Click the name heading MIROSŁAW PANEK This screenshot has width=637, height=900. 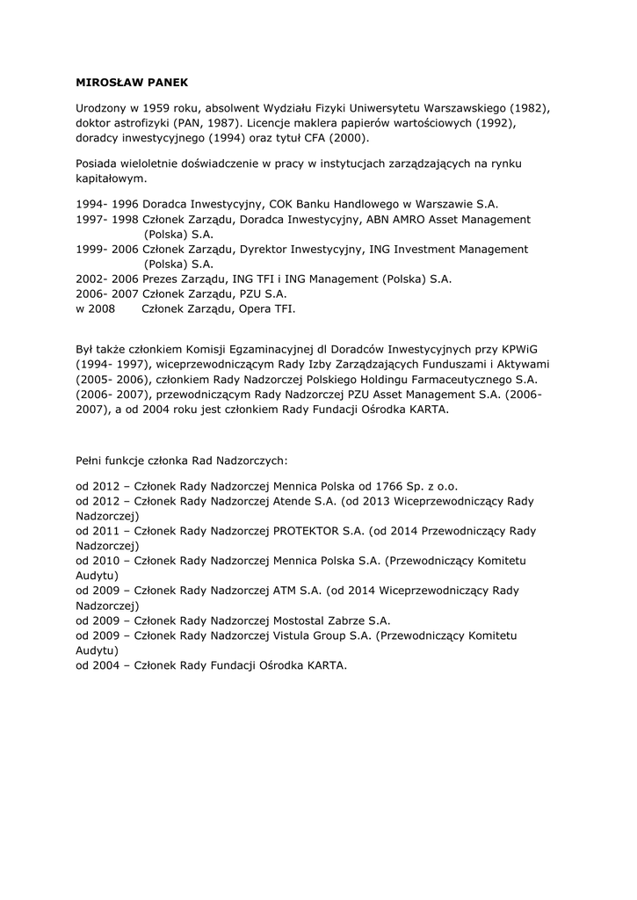(127, 83)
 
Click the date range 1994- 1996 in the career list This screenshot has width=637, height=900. (107, 203)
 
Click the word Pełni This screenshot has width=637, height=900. (90, 459)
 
